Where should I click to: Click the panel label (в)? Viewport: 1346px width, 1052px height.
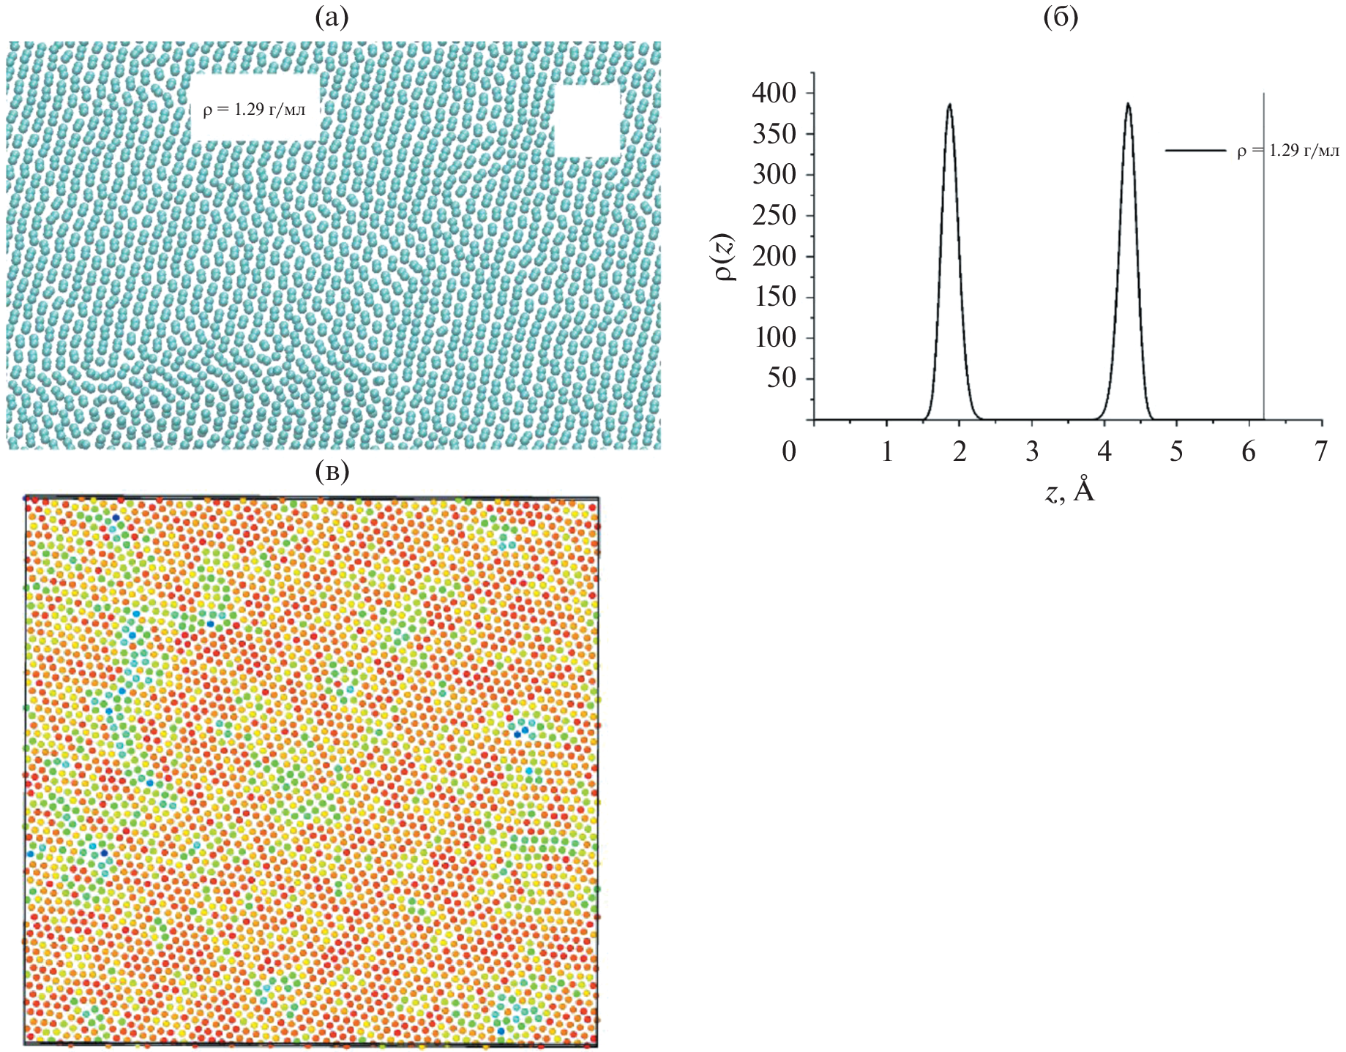332,472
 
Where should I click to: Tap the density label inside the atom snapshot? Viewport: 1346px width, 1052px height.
254,110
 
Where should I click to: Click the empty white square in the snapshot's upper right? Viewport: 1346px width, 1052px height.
587,121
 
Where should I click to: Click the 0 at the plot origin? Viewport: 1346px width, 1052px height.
789,451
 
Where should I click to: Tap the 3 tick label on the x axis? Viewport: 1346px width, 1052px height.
1031,451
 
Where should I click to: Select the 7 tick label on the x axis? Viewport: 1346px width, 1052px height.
1320,451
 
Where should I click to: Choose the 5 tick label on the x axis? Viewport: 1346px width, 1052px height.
1175,451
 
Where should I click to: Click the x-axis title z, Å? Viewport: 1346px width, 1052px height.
1069,490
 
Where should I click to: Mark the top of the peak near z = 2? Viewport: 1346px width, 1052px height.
949,104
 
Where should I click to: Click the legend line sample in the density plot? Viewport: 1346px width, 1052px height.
1194,151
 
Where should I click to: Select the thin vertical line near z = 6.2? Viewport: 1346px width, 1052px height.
1264,293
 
